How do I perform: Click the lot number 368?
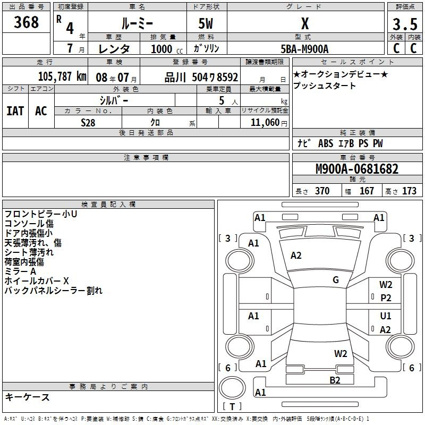tap(26, 22)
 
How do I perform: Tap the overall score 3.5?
tap(405, 24)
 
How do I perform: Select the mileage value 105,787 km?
tap(62, 76)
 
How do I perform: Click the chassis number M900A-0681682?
tap(357, 169)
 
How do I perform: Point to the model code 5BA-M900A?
tap(304, 49)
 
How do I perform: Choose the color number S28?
tap(88, 123)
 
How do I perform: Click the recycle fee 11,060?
tap(265, 123)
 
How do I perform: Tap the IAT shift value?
tap(15, 111)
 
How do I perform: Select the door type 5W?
tap(206, 23)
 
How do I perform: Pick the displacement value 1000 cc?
tap(167, 49)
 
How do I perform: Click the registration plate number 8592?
tap(227, 78)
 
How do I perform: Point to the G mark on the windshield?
tap(336, 280)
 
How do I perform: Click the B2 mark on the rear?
tap(335, 380)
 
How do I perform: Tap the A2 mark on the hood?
tap(296, 256)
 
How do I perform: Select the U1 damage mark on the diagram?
tap(386, 316)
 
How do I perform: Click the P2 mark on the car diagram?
tap(386, 298)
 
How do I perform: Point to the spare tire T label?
tap(232, 406)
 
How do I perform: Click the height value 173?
tap(409, 191)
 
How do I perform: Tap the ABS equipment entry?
tap(326, 143)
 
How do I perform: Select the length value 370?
tap(322, 191)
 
